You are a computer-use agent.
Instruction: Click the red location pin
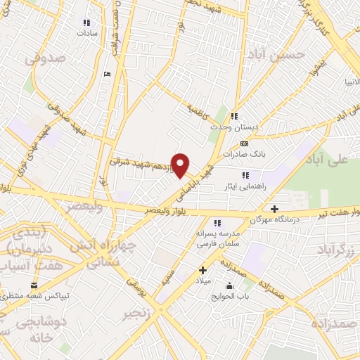181,164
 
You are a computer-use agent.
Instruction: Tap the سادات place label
86,32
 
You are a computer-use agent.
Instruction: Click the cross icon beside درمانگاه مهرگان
274,208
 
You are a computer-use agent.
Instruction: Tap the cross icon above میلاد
202,270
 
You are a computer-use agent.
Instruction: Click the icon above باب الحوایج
229,285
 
